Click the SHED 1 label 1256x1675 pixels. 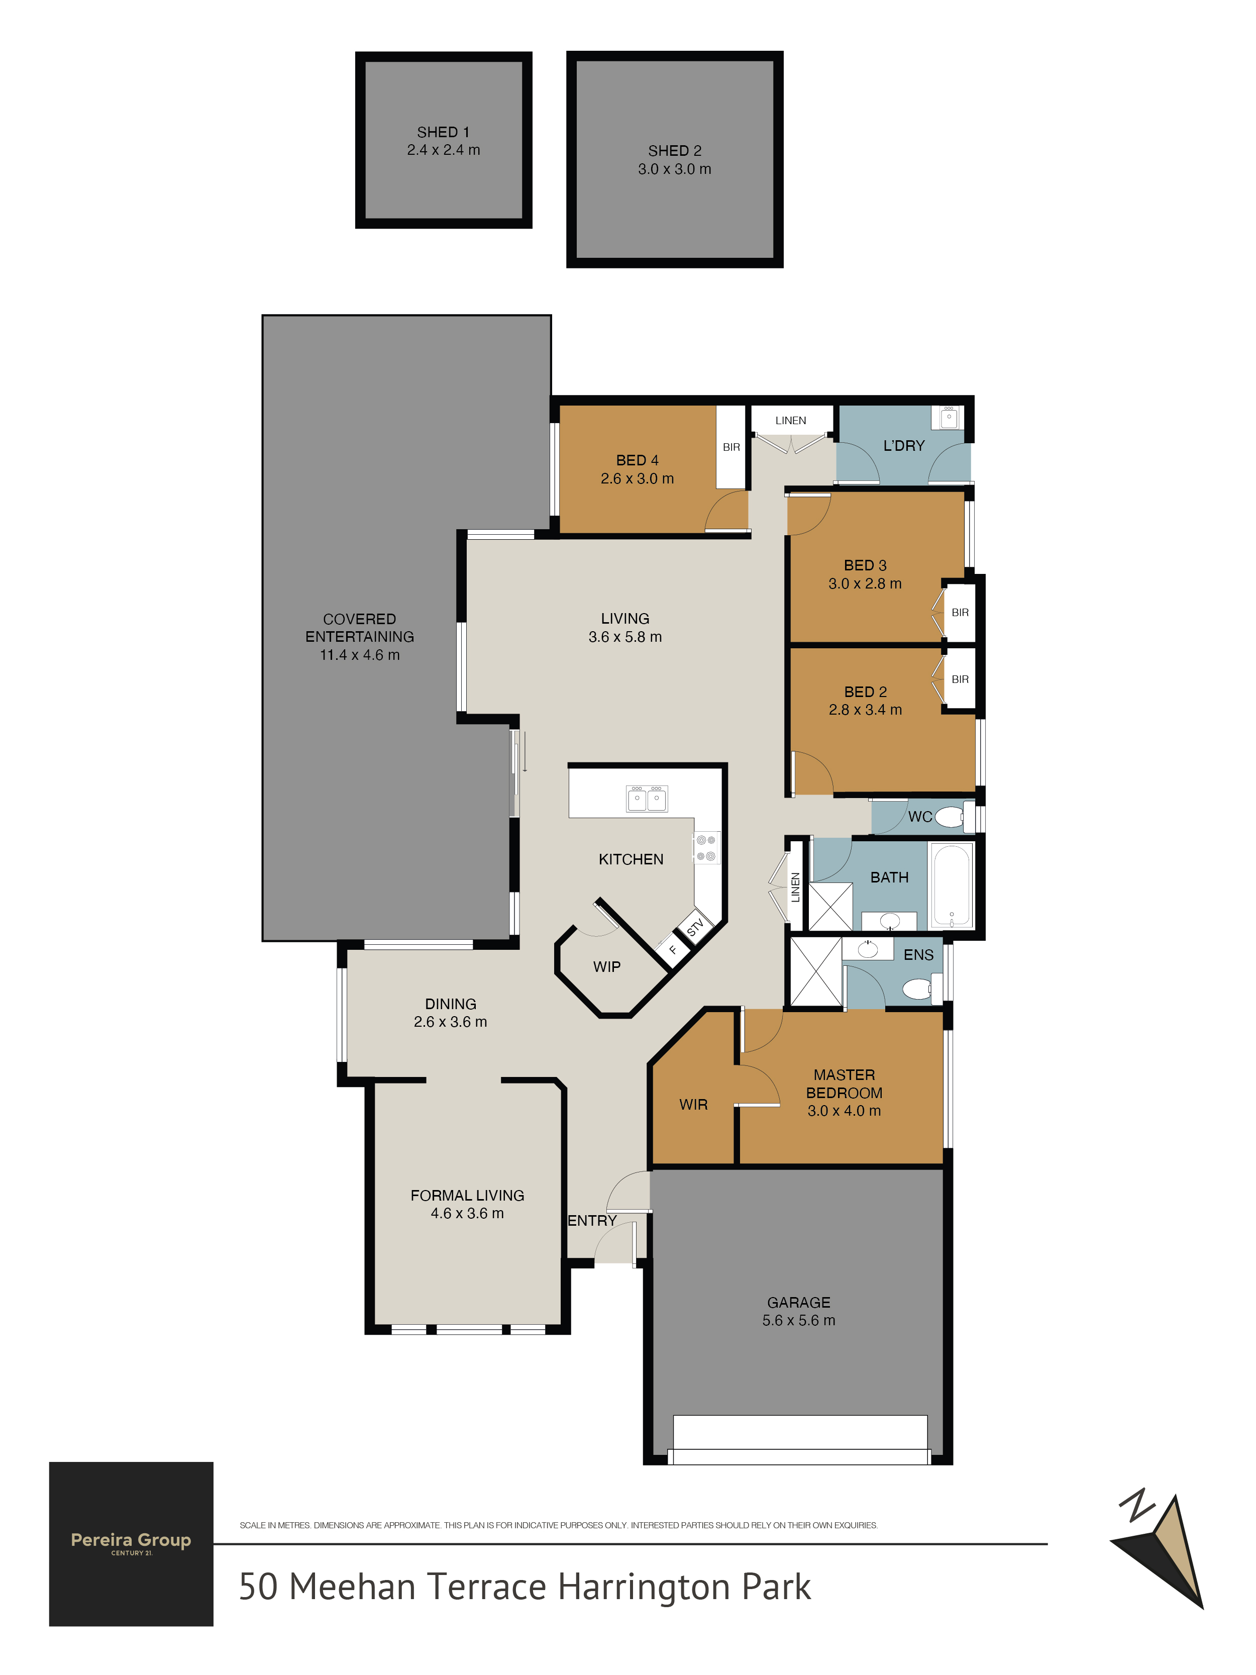click(x=443, y=132)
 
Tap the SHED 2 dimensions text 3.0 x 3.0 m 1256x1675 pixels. click(x=675, y=169)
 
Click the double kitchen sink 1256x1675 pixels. click(x=647, y=798)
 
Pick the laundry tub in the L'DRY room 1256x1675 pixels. click(x=949, y=417)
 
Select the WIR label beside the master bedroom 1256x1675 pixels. click(x=693, y=1105)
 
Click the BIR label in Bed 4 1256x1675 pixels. click(x=731, y=447)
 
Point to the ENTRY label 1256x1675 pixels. click(x=592, y=1221)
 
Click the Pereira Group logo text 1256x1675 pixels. click(x=131, y=1540)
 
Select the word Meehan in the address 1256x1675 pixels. click(x=353, y=1587)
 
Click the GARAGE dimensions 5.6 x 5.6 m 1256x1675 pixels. click(x=799, y=1321)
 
